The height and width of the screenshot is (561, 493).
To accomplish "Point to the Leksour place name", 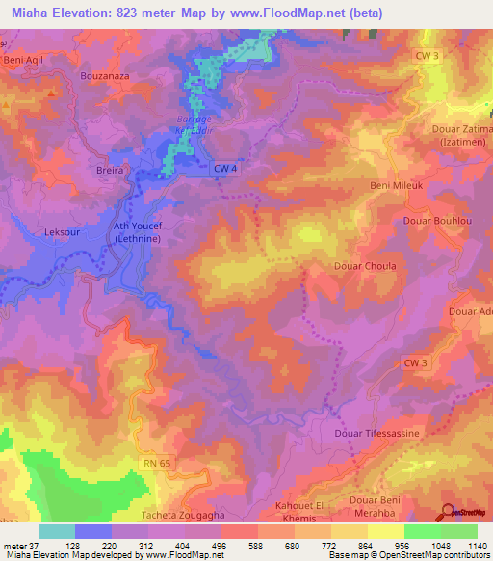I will point(65,232).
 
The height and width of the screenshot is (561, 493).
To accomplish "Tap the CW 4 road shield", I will point(223,169).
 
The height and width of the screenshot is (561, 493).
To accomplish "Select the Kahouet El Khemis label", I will point(304,511).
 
